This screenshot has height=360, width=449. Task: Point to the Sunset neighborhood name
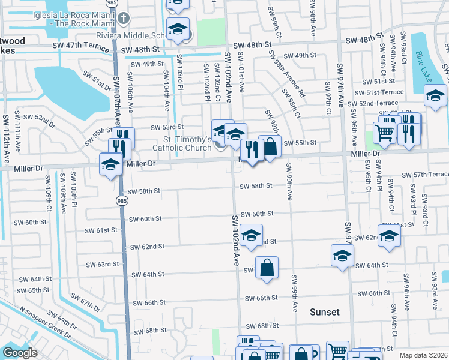coord(325,312)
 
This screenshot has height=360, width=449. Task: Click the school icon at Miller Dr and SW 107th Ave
coord(111,164)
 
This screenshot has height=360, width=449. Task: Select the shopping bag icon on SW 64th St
coord(267,269)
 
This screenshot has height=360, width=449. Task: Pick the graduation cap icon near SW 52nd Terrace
coord(435,96)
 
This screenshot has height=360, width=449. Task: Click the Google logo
coord(20,353)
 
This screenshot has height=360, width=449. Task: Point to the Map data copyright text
coord(423,355)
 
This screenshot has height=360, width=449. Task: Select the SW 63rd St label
coord(99,264)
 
